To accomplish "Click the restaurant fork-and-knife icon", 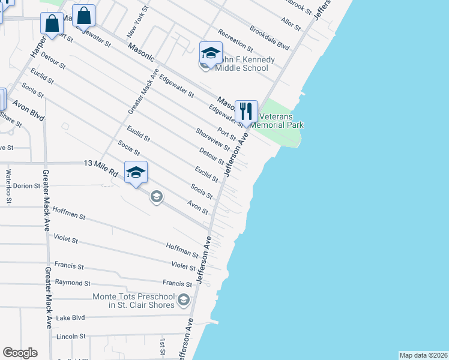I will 246,111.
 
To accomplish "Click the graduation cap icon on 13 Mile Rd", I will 136,173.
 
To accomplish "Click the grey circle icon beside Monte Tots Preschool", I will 183,299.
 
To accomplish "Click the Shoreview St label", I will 212,139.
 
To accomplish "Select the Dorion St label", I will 26,186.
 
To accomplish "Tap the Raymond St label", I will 72,283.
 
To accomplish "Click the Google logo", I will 20,353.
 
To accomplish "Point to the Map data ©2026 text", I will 423,355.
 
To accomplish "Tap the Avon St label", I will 197,208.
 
